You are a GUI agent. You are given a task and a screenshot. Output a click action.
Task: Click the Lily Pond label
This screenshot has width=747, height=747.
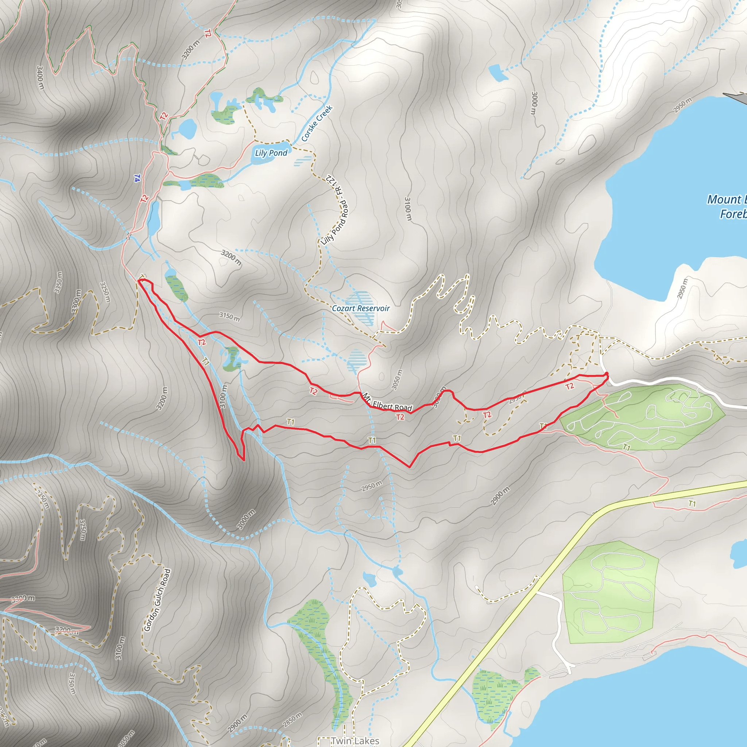[271, 153]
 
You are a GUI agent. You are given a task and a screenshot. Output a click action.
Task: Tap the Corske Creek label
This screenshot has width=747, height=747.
[317, 123]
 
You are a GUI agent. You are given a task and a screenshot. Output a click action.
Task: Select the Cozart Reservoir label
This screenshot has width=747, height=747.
[361, 308]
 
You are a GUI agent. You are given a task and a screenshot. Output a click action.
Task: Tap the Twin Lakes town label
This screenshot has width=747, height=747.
[355, 740]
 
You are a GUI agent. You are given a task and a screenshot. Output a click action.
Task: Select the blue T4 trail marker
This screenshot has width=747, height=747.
[137, 178]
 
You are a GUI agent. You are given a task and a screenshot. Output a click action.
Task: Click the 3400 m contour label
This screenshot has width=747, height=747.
[40, 77]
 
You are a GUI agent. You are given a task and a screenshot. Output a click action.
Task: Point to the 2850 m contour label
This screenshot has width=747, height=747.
[292, 720]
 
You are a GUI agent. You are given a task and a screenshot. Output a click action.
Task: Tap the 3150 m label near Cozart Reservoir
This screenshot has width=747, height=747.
[229, 316]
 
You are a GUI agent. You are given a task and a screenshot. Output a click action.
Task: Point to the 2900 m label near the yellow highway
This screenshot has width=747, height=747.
[500, 496]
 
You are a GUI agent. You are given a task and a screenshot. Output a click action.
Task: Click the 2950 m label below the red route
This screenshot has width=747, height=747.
[372, 486]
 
